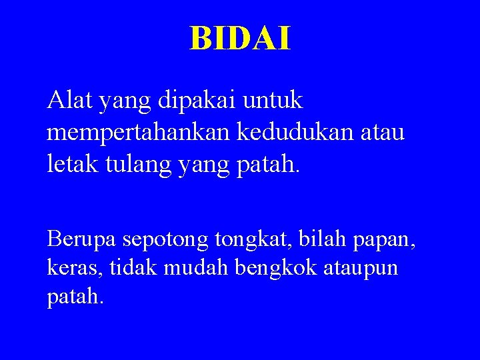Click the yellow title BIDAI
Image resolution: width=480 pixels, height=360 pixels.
240,39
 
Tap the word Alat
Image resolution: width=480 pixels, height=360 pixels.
69,101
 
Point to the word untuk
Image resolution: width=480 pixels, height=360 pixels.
274,101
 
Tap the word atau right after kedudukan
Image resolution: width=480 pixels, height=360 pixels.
385,131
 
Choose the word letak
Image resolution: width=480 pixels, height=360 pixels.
69,162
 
